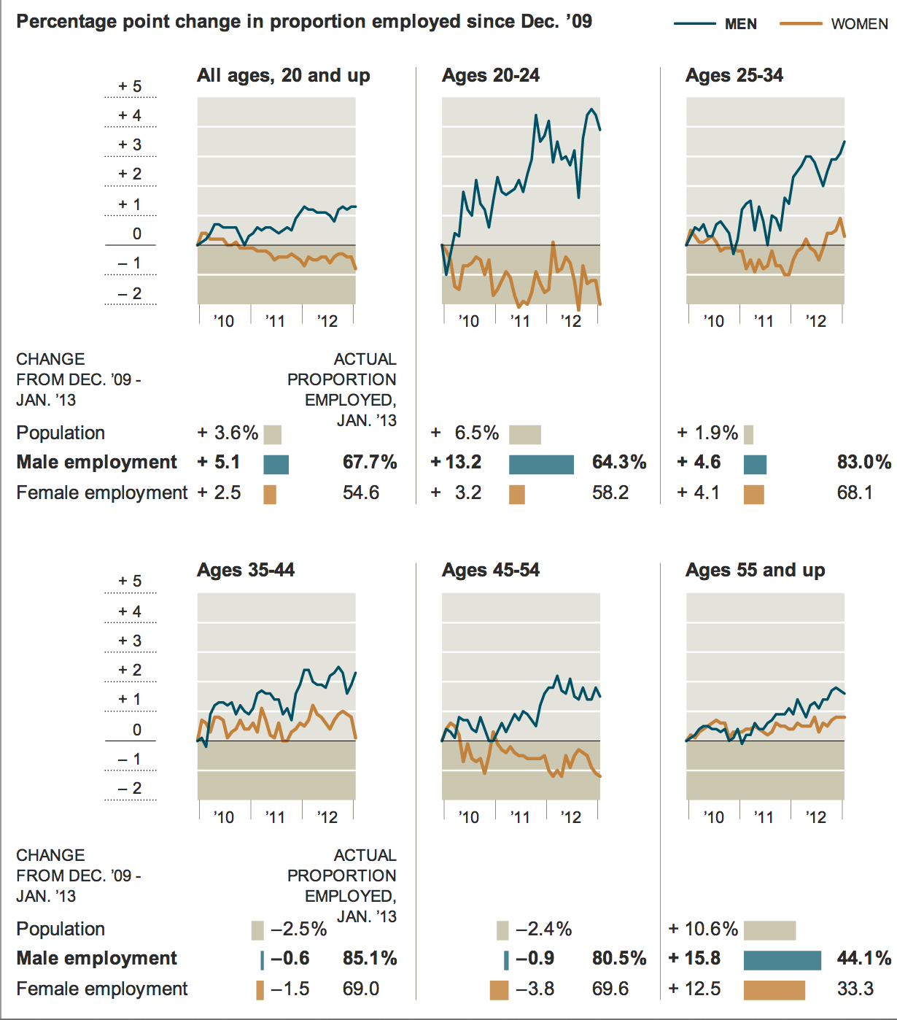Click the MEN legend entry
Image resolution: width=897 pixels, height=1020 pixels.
point(716,24)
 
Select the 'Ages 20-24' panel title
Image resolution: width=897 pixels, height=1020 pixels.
point(491,75)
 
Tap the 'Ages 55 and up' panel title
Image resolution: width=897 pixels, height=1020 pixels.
point(755,570)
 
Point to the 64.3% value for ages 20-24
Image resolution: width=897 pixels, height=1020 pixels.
point(619,462)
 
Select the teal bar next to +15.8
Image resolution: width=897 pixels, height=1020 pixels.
point(782,959)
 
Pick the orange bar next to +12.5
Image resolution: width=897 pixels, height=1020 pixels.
point(774,990)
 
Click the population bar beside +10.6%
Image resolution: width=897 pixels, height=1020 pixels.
point(769,930)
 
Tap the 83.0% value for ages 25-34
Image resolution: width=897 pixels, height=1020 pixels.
point(864,462)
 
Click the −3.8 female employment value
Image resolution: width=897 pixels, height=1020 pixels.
point(535,989)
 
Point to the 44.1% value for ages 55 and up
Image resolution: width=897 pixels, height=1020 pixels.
point(864,958)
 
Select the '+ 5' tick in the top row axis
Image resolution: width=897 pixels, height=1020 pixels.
point(131,86)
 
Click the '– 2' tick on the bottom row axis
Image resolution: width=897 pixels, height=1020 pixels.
point(131,788)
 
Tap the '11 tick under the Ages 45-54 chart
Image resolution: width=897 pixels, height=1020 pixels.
point(520,817)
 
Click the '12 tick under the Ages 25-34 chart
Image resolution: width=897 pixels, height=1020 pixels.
point(816,321)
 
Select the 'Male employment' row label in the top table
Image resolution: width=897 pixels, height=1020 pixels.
point(96,462)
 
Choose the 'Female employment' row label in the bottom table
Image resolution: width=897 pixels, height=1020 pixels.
point(102,989)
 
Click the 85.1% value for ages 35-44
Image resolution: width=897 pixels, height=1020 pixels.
point(370,958)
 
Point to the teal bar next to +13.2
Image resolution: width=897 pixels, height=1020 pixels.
point(541,465)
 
